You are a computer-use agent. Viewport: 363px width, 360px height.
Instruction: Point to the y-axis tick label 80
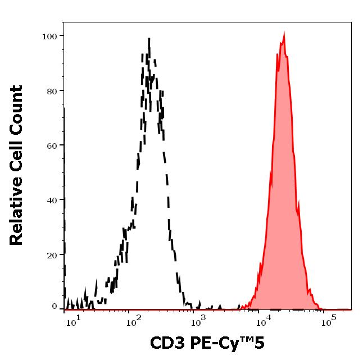point(51,91)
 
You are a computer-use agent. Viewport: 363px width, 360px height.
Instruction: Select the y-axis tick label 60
point(51,145)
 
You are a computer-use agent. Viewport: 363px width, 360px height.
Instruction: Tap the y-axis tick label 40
point(51,200)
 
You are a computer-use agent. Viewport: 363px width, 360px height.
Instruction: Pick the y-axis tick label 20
point(51,255)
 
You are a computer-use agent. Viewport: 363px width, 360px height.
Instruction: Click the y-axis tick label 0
point(55,307)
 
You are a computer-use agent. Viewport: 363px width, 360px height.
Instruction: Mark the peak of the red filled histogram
point(284,35)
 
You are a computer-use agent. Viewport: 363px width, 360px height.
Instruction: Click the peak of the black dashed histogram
point(149,39)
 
